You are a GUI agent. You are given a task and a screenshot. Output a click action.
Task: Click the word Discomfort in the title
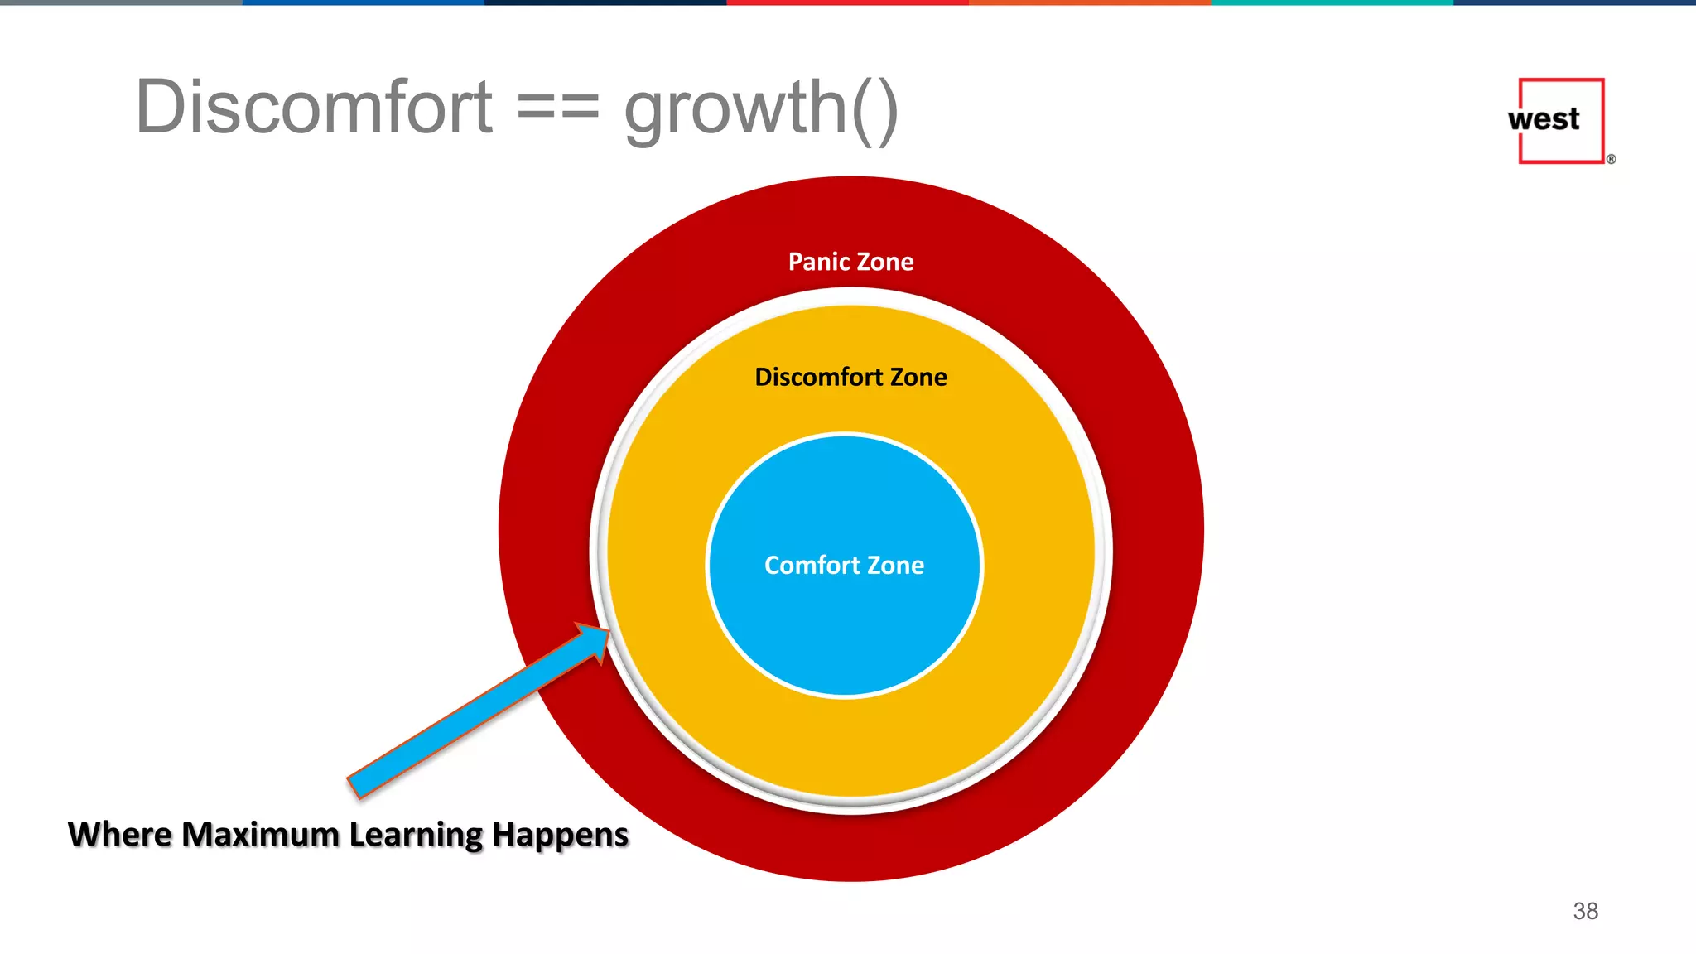coord(315,108)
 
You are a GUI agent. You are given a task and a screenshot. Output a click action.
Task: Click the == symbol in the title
coord(557,108)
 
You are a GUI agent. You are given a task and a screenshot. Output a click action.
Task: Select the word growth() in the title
coord(760,108)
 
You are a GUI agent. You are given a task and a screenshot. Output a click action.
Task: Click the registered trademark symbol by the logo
coord(1611,159)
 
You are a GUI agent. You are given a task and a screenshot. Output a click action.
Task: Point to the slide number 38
coord(1585,911)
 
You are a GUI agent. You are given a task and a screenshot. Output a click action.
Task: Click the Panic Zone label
coord(850,262)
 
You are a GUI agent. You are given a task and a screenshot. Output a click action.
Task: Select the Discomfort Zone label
coord(850,377)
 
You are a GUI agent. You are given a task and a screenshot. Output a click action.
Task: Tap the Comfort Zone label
coord(844,565)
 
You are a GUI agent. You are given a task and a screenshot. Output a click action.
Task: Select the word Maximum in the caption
coord(260,834)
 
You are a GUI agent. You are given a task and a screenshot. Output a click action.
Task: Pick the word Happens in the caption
coord(560,834)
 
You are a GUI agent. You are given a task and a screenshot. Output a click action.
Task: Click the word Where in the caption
coord(119,834)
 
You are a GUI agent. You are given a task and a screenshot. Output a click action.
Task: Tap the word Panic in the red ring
coord(814,262)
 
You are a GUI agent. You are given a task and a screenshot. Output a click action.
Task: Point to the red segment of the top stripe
coord(847,2)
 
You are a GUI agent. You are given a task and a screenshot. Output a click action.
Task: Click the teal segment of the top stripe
coord(1332,2)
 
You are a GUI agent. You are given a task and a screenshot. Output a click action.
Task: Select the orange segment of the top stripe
coord(1090,2)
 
